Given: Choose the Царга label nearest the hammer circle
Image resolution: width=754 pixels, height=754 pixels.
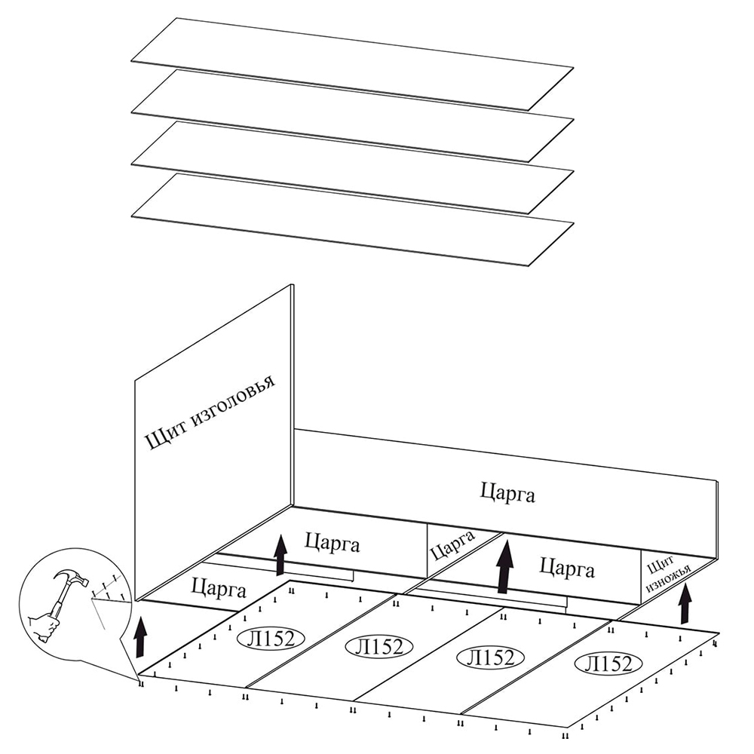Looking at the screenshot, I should [218, 586].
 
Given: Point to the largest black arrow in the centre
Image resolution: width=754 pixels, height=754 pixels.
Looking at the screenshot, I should [505, 566].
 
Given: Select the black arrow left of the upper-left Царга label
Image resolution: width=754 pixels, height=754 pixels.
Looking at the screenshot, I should [280, 554].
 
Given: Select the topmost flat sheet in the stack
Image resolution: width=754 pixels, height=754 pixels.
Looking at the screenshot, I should [352, 64].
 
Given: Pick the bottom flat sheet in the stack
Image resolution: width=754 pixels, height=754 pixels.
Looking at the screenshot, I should [352, 219].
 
